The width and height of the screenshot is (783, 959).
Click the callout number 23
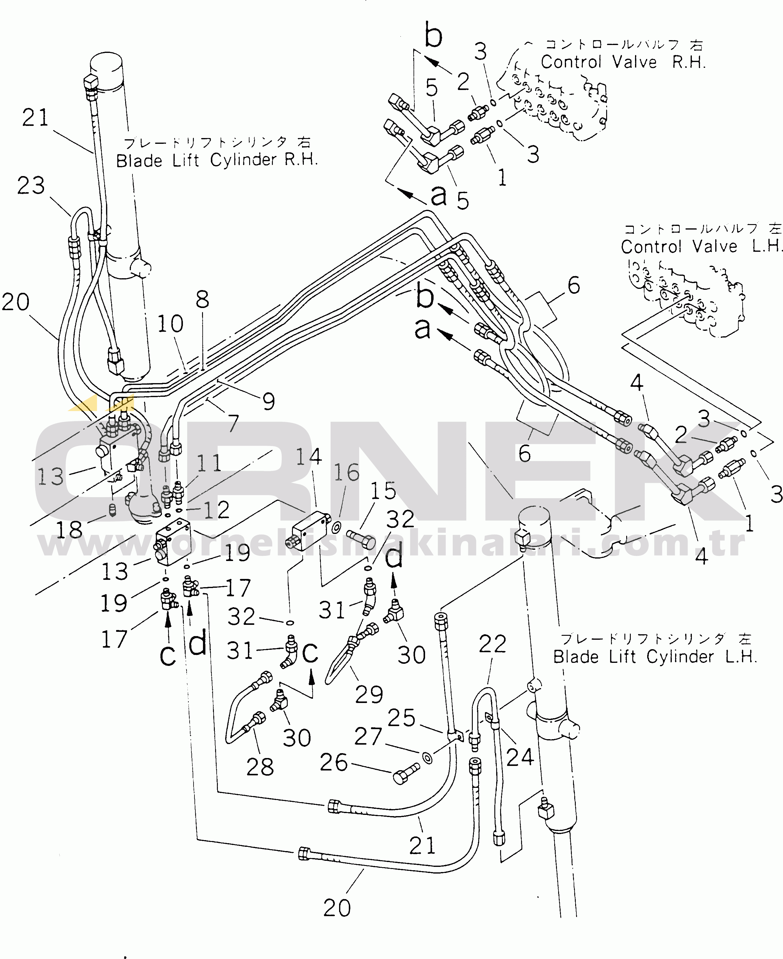click(31, 185)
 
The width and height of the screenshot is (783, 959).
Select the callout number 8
click(203, 300)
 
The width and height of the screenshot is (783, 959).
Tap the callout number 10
click(170, 324)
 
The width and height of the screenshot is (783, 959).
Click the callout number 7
click(233, 423)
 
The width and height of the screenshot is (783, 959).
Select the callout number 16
click(346, 473)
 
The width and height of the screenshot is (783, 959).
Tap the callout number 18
click(69, 530)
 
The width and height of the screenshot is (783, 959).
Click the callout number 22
click(492, 644)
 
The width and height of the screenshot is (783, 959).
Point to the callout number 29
click(369, 694)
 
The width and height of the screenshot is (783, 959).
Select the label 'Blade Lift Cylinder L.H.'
click(654, 657)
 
